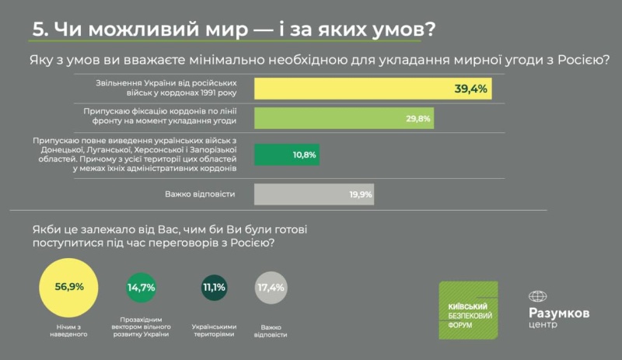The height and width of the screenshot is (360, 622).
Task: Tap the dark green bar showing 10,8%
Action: (x=287, y=155)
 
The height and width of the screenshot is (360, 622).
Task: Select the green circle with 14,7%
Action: (x=142, y=287)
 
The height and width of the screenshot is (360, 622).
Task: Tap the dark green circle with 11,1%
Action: (x=213, y=287)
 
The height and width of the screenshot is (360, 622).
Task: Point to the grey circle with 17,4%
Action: (x=270, y=287)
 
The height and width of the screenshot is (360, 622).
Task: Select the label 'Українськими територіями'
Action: (x=214, y=331)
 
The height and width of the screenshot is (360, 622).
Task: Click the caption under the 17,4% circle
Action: (x=270, y=331)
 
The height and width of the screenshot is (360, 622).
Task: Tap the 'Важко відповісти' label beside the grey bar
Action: (x=200, y=194)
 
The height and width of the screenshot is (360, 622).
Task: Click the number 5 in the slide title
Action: (x=39, y=29)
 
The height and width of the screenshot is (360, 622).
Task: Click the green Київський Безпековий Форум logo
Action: (x=470, y=309)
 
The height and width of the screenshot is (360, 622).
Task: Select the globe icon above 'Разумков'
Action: (x=538, y=296)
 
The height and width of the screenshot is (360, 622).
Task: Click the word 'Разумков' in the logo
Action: (x=558, y=313)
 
